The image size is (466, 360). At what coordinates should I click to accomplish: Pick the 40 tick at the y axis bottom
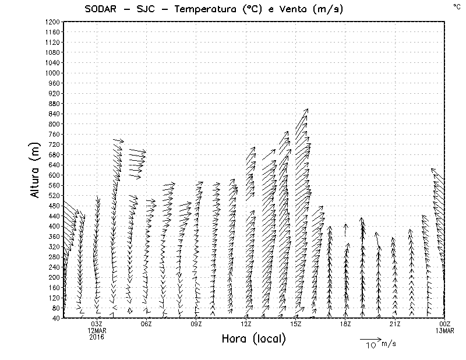coord(55,318)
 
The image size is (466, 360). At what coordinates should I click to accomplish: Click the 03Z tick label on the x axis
coord(97,324)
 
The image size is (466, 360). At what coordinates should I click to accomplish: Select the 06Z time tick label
coord(146,324)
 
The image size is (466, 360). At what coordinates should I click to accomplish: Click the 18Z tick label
coord(345,324)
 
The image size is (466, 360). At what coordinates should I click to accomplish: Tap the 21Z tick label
coord(395,324)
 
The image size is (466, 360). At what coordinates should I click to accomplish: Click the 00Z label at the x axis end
coord(444,324)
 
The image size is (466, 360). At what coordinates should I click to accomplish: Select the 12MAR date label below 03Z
coord(97,331)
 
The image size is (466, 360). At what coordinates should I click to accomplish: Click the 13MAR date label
coord(444,331)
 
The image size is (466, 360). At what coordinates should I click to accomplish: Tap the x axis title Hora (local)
coord(253,340)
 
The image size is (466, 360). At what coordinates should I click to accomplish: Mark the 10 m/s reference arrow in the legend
coord(370,338)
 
